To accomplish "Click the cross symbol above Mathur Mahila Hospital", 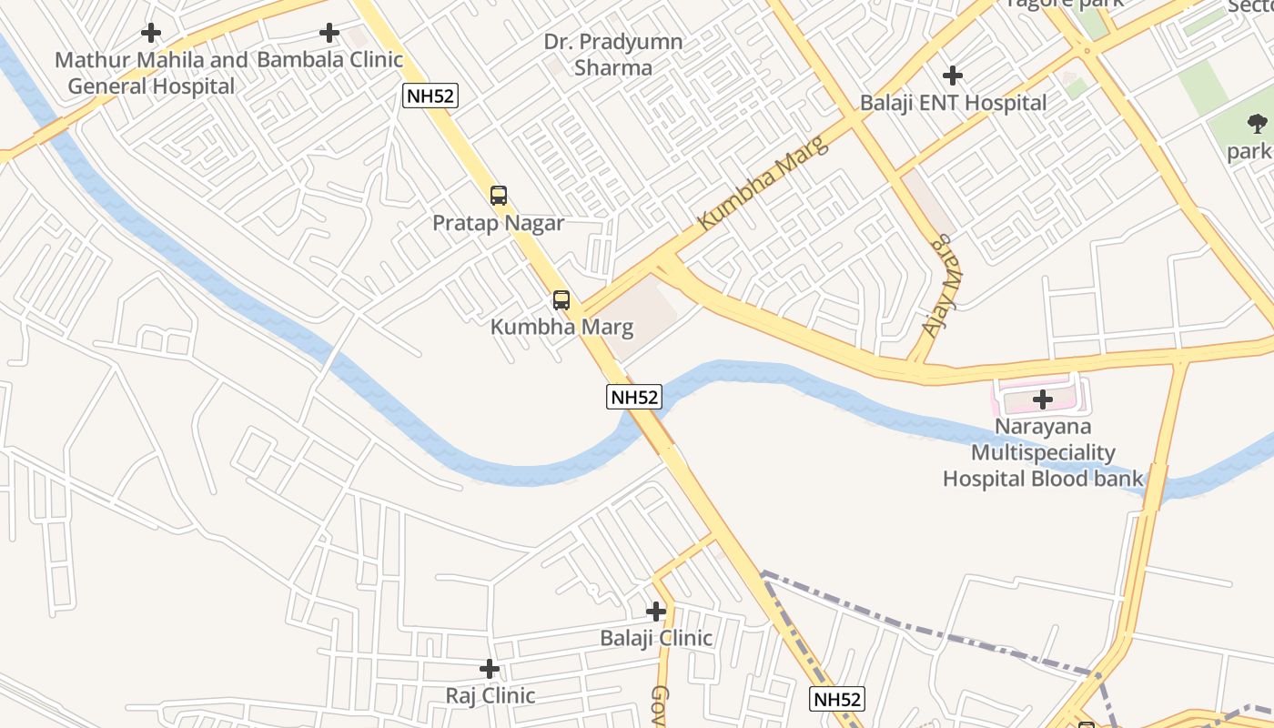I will point(151,34).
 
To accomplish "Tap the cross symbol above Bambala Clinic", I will point(329,34).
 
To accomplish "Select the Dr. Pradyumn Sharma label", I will point(613,55).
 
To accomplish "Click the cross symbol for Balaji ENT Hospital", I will point(953,75).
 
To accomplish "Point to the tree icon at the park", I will point(1257,124).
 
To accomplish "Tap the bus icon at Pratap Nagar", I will point(499,195).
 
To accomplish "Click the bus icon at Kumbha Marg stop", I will point(561,299).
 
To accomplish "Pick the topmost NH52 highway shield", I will point(430,96).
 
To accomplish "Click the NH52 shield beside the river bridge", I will point(634,397).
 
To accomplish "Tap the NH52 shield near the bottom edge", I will point(836,699).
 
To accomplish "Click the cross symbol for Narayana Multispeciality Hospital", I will point(1043,399).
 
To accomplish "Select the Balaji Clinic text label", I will point(656,638).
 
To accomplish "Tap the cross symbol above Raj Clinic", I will point(490,669).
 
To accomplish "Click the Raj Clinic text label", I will point(490,695).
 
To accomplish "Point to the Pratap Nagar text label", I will point(498,223).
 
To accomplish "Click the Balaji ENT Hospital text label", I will point(953,103).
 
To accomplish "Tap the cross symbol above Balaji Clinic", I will point(656,612).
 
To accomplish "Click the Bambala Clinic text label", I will point(329,60).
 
